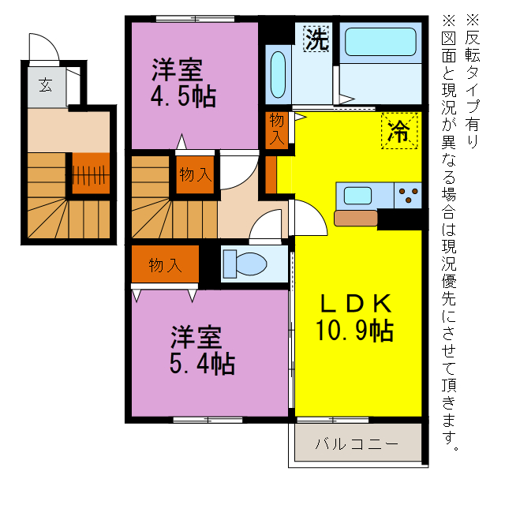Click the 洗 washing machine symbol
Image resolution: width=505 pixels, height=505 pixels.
point(316,39)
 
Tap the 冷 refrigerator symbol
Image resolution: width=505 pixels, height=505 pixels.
point(399,130)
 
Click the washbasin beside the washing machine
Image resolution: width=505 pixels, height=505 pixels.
point(278,75)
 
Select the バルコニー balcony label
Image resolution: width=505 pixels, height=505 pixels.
point(357,443)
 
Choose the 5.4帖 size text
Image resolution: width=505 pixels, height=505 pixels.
point(202,364)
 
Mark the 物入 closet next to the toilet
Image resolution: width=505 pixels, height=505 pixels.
point(165,265)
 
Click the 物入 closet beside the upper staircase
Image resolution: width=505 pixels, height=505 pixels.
point(194,174)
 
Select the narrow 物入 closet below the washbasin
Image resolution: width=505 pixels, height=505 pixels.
point(276,129)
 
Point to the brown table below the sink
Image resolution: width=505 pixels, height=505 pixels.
point(356,218)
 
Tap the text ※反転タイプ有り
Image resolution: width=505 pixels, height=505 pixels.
point(472,79)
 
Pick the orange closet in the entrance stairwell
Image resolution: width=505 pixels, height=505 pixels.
point(91,173)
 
